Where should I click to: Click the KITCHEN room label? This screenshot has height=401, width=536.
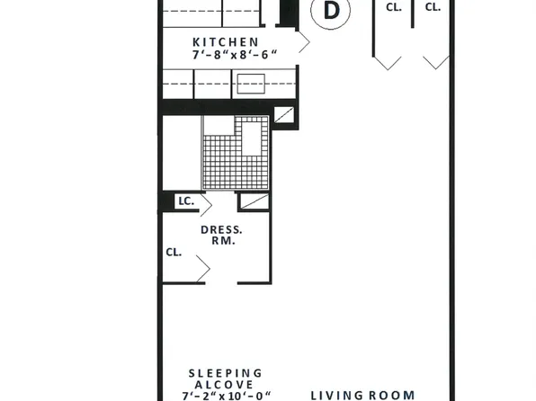coord(226,41)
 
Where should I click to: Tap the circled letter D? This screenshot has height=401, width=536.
coord(332,11)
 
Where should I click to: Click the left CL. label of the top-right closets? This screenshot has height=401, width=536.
coord(393,7)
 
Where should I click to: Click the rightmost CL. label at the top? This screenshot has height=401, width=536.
coord(433,7)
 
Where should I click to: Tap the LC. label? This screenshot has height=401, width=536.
coord(187,202)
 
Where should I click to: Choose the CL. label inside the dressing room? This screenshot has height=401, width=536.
coord(174,253)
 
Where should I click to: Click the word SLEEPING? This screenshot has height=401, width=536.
coord(225,372)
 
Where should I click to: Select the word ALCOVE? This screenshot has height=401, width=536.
coord(225,384)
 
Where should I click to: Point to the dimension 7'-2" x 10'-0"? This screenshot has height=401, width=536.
coord(225,396)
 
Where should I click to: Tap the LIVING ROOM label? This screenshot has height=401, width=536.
coord(362,395)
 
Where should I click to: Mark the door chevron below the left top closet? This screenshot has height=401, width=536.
coord(388,61)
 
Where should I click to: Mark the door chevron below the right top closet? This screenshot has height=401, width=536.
coord(436,61)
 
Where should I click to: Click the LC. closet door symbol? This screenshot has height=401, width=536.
coord(254,202)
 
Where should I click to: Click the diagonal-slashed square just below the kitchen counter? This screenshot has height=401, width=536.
coord(284,115)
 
